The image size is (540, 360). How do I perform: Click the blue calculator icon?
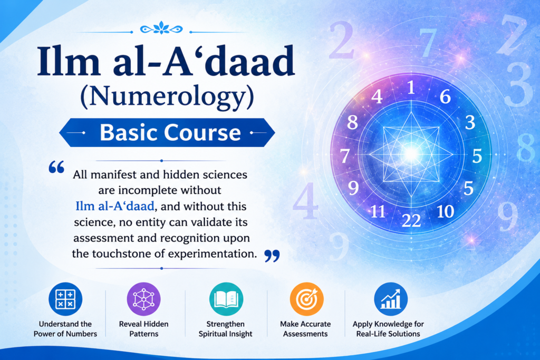click(65, 299)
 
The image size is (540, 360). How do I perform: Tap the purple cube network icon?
click(143, 299)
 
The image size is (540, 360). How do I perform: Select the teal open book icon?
click(226, 299)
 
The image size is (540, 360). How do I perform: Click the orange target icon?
click(306, 299)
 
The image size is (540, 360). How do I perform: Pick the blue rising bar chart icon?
click(391, 299)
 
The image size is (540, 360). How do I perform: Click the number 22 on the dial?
click(411, 220)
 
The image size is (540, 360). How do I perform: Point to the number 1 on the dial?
click(411, 87)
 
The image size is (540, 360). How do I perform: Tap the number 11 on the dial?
click(378, 211)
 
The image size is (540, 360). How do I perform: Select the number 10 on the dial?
click(445, 211)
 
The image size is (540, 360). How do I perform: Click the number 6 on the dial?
click(445, 96)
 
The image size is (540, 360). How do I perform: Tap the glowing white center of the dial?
click(411, 153)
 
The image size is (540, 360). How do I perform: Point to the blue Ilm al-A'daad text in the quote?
click(114, 206)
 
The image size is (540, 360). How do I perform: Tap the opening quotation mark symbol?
click(56, 167)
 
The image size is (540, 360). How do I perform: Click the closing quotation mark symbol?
click(272, 256)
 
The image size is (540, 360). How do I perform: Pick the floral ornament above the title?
click(161, 28)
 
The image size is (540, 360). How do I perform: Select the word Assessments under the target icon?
click(305, 334)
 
